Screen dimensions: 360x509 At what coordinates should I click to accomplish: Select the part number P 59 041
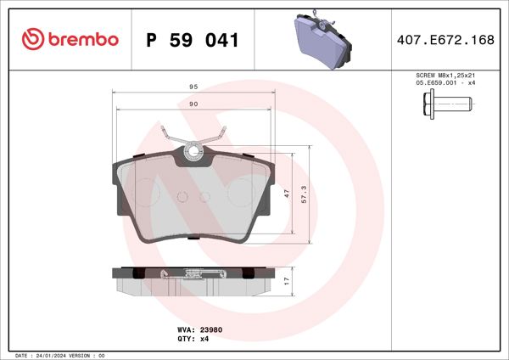coord(192,39)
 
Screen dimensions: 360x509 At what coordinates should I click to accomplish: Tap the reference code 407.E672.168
coord(445,39)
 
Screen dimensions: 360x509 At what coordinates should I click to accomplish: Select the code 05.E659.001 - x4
coord(445,84)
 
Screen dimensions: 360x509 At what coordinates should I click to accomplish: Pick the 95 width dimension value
coord(193,87)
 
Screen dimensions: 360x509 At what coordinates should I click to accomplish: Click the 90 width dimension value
coord(193,104)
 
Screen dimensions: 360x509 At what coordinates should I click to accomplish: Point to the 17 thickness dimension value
coord(287,280)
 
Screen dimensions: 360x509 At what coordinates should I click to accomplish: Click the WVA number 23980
coord(211,329)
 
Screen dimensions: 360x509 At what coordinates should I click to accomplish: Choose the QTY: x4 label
coord(193,338)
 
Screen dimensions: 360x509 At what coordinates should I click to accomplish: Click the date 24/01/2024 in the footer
coord(53,355)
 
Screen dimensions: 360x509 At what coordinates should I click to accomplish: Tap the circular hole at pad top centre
coord(193,153)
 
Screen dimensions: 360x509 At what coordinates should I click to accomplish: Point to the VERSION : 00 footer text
coord(88,355)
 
